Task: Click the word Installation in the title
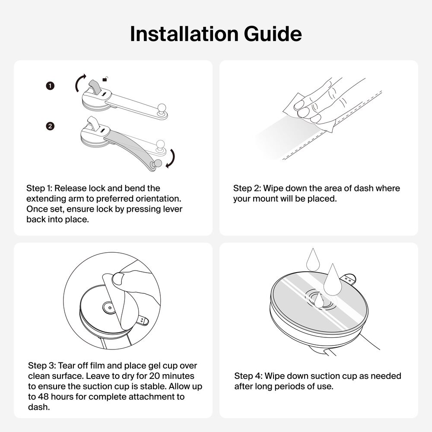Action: (184, 34)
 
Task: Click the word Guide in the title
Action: (273, 34)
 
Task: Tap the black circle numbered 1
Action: (50, 86)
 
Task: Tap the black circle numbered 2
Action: (50, 126)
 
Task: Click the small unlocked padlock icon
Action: (105, 79)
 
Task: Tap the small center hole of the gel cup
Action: (110, 308)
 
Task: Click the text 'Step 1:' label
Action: (39, 188)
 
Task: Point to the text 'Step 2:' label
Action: (247, 188)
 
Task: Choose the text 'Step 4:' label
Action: (248, 376)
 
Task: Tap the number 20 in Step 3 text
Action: (155, 376)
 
